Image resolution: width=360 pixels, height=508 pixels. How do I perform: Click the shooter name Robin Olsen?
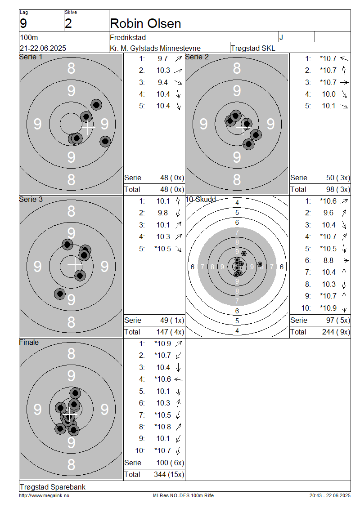pos(145,24)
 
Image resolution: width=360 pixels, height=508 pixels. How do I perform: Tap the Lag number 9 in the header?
pos(23,24)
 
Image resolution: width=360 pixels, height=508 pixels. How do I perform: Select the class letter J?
pos(281,37)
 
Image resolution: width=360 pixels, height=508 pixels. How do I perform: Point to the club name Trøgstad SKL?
pos(253,48)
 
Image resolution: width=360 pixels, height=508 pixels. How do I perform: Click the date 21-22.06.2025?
pos(43,48)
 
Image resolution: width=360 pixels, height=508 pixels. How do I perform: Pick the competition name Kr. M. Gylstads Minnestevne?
pos(155,48)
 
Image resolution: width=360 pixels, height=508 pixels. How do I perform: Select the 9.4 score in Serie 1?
pos(163,82)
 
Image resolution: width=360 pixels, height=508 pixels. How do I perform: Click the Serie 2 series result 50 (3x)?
pos(338,178)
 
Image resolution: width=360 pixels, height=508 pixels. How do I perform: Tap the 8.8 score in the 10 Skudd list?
pos(328,260)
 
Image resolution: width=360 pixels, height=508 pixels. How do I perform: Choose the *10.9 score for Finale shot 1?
pos(163,343)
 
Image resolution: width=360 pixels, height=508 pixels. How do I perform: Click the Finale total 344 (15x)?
pos(169,474)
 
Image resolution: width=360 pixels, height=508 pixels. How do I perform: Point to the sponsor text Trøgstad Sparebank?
pos(53,487)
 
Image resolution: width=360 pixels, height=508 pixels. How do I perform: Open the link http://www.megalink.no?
pos(44,495)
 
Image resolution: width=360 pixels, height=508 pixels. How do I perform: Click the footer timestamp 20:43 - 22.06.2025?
pos(330,495)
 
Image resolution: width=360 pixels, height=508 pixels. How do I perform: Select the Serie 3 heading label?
pos(31,199)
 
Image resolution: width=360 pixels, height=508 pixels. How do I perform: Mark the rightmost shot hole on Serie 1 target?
pos(105,141)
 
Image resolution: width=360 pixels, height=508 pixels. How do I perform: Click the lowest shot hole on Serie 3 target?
pos(60,294)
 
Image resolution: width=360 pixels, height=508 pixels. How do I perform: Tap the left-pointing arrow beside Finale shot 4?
pos(178,379)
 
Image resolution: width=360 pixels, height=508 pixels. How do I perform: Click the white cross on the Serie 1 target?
pos(87,128)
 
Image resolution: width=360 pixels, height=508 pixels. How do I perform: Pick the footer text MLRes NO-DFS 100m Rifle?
pos(183,495)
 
